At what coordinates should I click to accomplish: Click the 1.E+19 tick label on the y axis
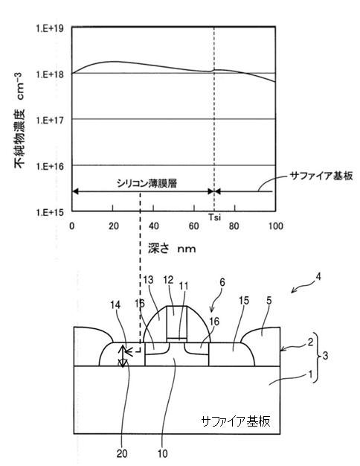click(x=50, y=29)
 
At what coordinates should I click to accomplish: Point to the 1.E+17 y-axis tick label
click(x=50, y=121)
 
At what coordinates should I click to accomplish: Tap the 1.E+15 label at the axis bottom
click(x=50, y=212)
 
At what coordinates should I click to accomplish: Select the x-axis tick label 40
click(x=153, y=226)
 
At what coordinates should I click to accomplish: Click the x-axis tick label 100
click(x=276, y=226)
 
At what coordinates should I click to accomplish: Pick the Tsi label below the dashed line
click(x=214, y=217)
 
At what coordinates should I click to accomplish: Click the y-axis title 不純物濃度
click(x=20, y=138)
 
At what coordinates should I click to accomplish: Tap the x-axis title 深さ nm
click(x=172, y=249)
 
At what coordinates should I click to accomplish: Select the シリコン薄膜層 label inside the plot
click(x=147, y=183)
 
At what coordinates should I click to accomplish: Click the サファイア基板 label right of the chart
click(x=321, y=176)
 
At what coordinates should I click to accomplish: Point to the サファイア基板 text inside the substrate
click(x=236, y=421)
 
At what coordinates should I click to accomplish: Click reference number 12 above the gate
click(x=168, y=280)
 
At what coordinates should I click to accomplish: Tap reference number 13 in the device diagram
click(x=148, y=280)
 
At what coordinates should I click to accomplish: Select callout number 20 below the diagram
click(x=122, y=453)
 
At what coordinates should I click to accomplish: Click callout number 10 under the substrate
click(x=162, y=453)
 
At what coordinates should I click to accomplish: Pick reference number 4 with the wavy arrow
click(x=318, y=277)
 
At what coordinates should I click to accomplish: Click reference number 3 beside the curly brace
click(x=325, y=355)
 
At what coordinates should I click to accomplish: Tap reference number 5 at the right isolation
click(x=269, y=301)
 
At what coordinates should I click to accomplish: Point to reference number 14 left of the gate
click(x=115, y=305)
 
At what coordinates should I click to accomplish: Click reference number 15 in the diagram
click(x=243, y=301)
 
